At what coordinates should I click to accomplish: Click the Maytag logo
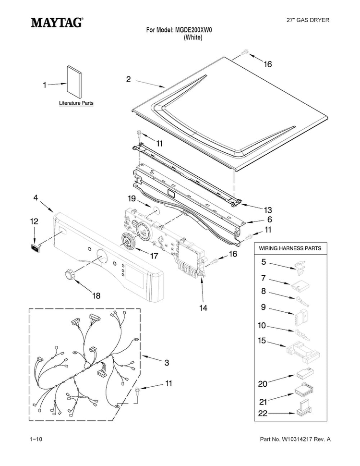(57, 23)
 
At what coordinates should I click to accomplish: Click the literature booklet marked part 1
(74, 82)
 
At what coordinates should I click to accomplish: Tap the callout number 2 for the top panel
(128, 79)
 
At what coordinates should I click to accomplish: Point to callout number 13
(268, 210)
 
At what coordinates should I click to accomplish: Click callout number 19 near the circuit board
(132, 198)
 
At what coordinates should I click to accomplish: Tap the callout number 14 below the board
(203, 308)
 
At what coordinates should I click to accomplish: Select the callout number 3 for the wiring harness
(167, 363)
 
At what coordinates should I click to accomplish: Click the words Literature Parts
(76, 103)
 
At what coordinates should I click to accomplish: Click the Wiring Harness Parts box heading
(290, 248)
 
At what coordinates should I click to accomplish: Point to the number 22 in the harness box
(263, 413)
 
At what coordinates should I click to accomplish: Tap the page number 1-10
(36, 439)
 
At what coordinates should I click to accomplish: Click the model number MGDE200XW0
(193, 30)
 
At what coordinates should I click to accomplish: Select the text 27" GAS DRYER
(308, 20)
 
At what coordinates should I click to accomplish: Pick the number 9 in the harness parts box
(263, 307)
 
